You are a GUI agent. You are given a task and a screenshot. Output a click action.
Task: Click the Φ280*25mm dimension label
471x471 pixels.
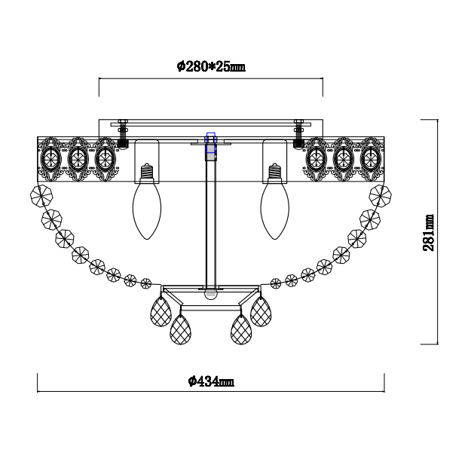[x=211, y=66]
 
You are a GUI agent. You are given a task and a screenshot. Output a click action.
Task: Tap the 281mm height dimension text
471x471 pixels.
[x=429, y=233]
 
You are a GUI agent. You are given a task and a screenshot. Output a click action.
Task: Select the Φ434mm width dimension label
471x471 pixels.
[x=211, y=381]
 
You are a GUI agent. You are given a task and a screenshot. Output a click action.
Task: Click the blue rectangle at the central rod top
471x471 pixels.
[x=211, y=142]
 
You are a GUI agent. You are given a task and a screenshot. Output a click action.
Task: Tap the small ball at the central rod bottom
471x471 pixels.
[x=211, y=295]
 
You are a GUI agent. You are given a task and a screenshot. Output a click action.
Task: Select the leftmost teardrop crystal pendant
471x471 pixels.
[x=161, y=311]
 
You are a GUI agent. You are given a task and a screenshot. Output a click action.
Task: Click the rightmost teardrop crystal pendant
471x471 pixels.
[x=261, y=311]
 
